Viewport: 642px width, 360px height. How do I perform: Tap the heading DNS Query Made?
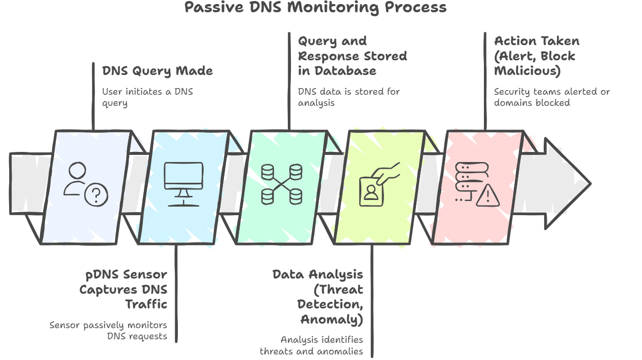tap(157, 71)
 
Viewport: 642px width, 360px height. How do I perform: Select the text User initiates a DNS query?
tap(147, 97)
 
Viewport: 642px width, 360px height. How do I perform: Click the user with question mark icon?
tap(85, 184)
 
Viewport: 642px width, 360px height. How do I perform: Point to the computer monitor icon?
tap(183, 183)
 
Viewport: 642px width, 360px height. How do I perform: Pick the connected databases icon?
tap(282, 184)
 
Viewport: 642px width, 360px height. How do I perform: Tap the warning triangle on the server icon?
tap(487, 195)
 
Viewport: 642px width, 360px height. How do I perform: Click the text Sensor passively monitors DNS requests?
tap(108, 330)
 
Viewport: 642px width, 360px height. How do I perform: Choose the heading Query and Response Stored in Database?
tap(352, 56)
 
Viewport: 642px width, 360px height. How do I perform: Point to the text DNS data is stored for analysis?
tap(349, 97)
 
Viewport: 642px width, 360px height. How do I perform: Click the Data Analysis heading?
tap(318, 274)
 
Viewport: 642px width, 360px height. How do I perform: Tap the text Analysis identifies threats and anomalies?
tap(311, 345)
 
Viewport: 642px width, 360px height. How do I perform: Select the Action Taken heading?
tap(537, 41)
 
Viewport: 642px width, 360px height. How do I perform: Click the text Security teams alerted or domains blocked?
tap(552, 97)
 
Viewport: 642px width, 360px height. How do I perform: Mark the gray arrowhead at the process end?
tap(565, 183)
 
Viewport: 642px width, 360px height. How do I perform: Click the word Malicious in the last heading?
tap(527, 71)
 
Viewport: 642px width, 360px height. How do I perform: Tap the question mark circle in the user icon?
tap(96, 194)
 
